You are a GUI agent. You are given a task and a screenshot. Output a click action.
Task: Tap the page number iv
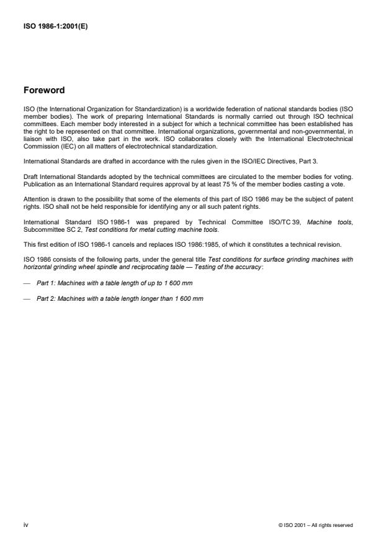point(25,524)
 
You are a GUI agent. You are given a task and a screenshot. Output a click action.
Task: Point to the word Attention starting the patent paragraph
point(34,199)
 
